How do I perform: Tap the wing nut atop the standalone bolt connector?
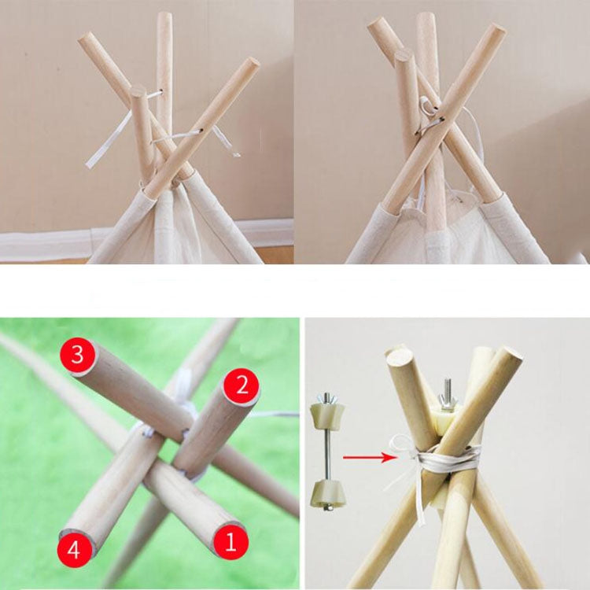tap(326, 398)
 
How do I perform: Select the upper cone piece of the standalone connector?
tap(326, 415)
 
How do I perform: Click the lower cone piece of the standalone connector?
tap(326, 491)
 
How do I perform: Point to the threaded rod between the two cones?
tap(326, 452)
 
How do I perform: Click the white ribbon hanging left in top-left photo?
tap(106, 142)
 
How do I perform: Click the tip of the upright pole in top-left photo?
tap(164, 17)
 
